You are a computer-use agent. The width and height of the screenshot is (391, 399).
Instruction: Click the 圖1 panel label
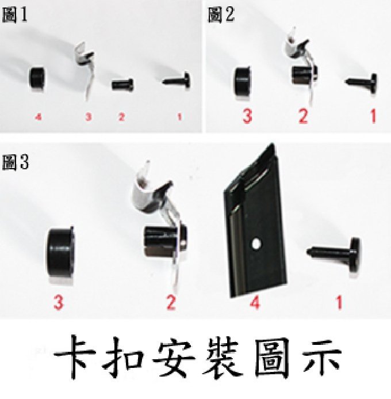(x=15, y=15)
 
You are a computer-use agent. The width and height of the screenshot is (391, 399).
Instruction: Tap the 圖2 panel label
(x=221, y=14)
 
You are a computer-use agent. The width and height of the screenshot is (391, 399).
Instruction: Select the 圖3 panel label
(x=16, y=162)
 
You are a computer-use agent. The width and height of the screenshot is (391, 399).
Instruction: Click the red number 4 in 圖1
(x=38, y=117)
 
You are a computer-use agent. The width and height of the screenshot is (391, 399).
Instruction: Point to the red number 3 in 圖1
(x=89, y=117)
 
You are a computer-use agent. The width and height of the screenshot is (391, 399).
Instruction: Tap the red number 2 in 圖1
(x=121, y=117)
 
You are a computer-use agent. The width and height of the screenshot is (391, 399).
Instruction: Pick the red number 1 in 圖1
(x=179, y=117)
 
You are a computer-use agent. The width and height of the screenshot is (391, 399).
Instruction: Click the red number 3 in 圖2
(x=247, y=116)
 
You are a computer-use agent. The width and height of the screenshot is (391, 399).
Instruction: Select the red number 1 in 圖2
(x=373, y=116)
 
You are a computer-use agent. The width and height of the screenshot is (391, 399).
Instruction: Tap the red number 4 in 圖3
(x=255, y=303)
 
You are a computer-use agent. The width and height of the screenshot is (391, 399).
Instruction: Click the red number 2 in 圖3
(x=171, y=302)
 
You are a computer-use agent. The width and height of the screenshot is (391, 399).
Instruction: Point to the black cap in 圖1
(x=37, y=78)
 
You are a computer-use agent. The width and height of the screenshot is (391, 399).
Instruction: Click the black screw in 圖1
(x=177, y=81)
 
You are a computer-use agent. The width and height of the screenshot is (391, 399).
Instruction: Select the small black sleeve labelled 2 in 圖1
(x=122, y=85)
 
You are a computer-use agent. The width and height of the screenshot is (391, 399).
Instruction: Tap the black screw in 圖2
(x=361, y=83)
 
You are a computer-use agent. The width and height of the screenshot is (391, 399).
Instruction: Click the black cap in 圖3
(x=61, y=254)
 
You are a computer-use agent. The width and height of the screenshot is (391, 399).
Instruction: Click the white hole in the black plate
(x=256, y=244)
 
